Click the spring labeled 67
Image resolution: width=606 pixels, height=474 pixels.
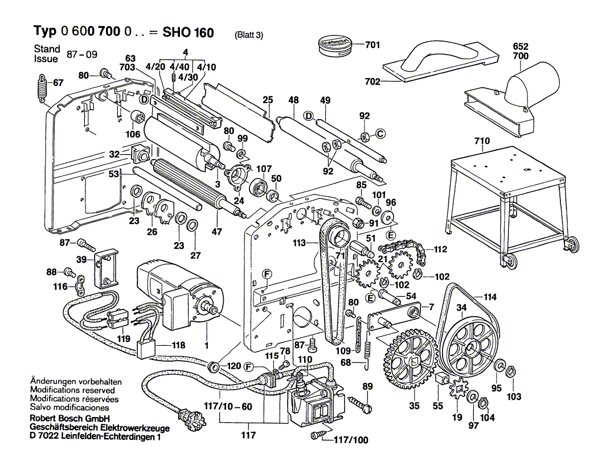pos(41,89)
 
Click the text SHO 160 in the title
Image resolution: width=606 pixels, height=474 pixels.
pos(188,32)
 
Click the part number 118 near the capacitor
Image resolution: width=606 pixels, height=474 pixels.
pos(178,345)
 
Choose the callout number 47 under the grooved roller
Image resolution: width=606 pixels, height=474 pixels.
pos(218,231)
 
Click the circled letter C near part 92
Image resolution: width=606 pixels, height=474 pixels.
pos(380,134)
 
